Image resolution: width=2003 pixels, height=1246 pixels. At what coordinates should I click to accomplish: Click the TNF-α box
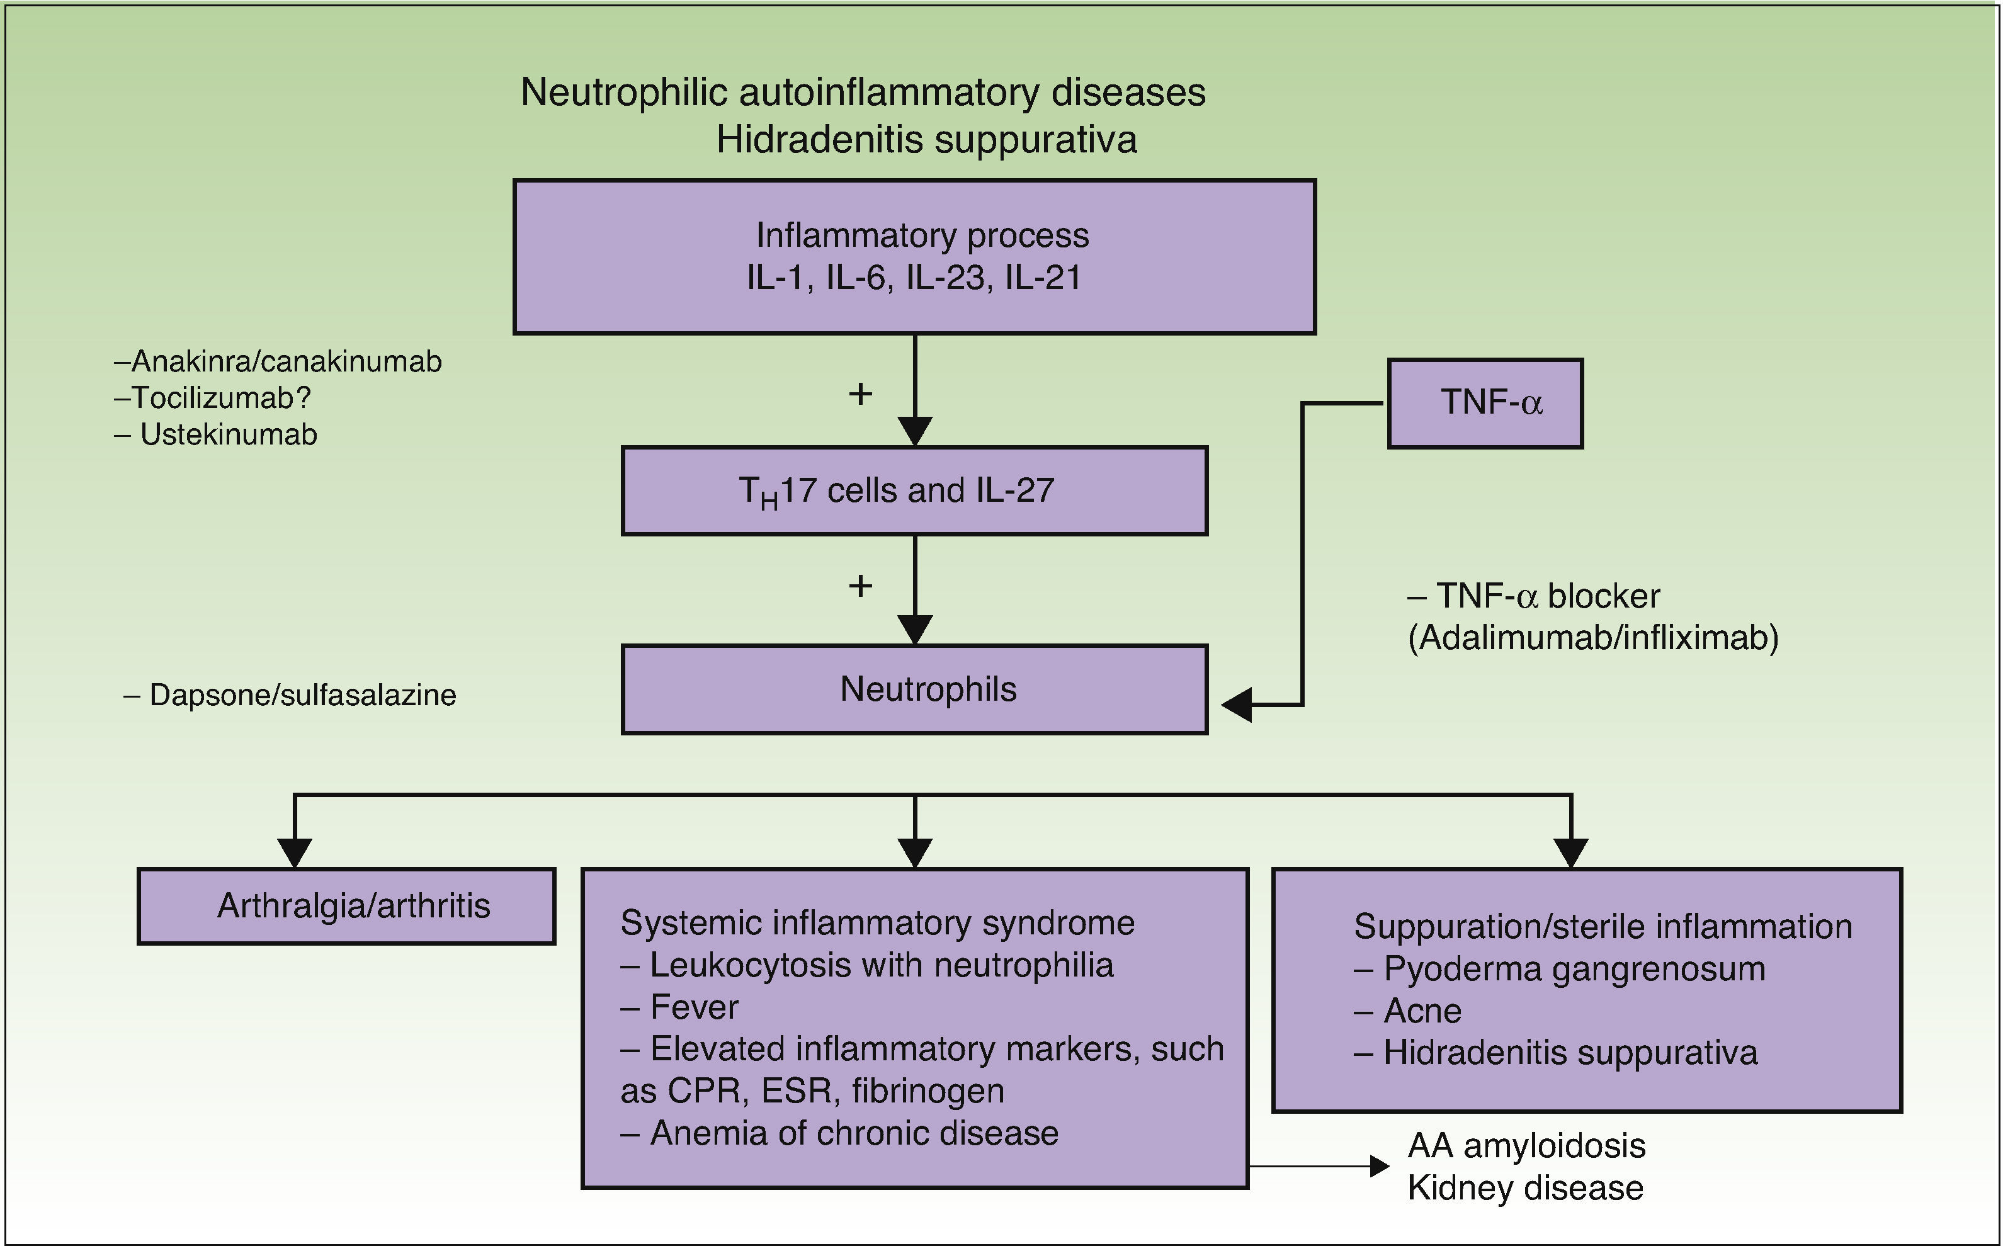[x=1485, y=403]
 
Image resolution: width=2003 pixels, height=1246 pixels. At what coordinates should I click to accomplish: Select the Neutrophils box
[x=914, y=689]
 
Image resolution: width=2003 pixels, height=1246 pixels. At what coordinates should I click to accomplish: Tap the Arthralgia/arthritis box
[x=346, y=905]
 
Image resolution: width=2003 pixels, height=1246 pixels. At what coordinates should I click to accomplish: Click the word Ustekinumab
[x=228, y=434]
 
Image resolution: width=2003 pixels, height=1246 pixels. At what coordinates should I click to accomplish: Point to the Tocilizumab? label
[x=221, y=398]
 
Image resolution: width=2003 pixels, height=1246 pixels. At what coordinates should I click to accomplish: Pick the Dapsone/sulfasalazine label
[x=302, y=694]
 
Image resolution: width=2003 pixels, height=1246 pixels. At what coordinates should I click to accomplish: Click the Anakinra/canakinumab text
[x=286, y=361]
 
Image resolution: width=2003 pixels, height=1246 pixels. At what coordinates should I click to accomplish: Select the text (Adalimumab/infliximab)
[x=1592, y=638]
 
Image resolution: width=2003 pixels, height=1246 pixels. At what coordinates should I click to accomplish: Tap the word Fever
[x=694, y=1007]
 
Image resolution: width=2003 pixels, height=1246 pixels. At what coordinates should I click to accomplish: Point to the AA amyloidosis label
[x=1526, y=1145]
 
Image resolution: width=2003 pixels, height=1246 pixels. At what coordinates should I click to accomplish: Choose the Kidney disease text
[x=1525, y=1188]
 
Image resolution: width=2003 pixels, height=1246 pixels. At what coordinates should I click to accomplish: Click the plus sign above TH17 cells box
[x=860, y=394]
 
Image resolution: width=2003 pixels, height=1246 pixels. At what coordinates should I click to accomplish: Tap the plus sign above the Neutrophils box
[x=860, y=586]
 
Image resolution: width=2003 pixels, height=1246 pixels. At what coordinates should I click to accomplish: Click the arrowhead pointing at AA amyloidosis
[x=1379, y=1165]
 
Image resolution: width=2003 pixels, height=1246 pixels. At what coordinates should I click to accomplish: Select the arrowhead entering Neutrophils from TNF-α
[x=1237, y=705]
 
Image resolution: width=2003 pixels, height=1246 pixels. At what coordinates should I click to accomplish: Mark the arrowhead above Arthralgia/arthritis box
[x=294, y=852]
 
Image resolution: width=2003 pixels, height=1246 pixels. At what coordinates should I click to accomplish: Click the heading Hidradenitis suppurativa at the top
[x=926, y=139]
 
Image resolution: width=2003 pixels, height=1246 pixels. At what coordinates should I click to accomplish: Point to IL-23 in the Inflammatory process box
[x=945, y=277]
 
